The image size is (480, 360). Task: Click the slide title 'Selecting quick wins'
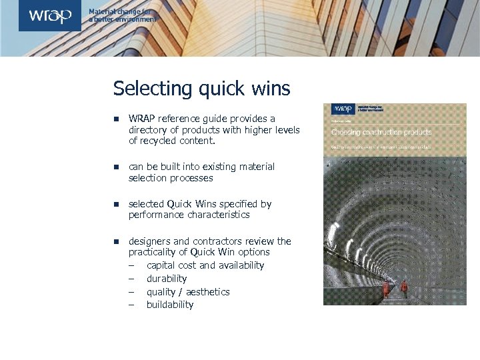pos(201,88)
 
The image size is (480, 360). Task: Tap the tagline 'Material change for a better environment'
pos(123,16)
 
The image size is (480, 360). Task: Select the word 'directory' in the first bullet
pos(147,130)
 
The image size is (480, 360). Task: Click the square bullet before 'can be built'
pos(115,167)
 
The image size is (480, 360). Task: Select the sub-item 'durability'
pos(167,279)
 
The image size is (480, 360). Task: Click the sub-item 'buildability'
pos(170,305)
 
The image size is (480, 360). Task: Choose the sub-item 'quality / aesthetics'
pos(188,292)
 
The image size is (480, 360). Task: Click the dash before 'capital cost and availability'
pos(132,265)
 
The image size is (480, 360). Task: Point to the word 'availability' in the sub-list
pos(241,265)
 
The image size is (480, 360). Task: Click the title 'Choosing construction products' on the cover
pos(381,132)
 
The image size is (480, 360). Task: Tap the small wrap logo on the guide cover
pos(343,109)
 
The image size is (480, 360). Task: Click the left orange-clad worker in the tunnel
pos(385,288)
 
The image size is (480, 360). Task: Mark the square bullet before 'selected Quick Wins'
pos(115,204)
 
